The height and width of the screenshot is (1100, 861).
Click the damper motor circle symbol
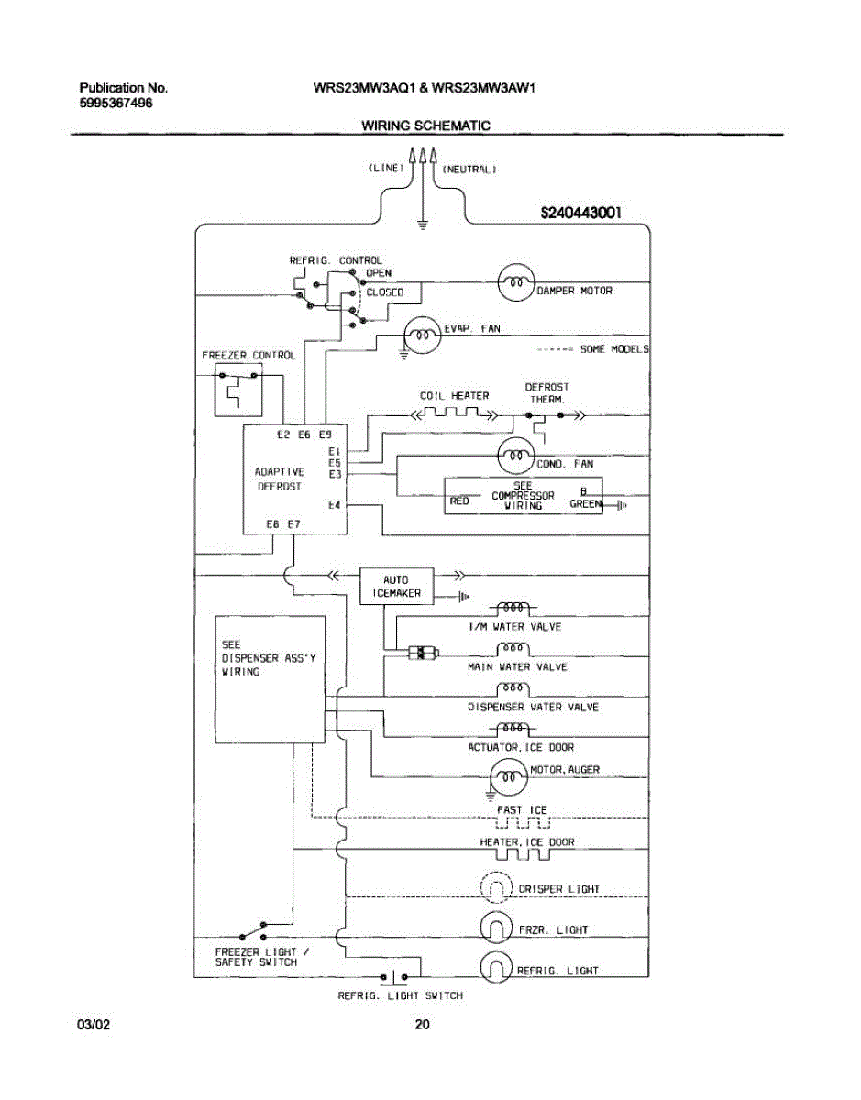point(516,282)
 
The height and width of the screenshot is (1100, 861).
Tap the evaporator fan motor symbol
point(423,335)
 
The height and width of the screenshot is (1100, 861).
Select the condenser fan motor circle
point(516,455)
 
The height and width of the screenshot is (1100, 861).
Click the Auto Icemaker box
point(396,586)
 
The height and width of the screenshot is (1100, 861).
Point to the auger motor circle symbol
point(509,776)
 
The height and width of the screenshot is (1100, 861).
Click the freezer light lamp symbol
point(497,928)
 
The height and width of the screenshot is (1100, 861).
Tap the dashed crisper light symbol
point(497,887)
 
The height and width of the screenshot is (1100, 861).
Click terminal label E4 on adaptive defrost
point(334,505)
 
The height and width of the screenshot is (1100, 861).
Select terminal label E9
point(325,434)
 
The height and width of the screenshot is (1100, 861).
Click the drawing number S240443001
point(580,213)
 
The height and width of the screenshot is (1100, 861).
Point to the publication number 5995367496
point(116,104)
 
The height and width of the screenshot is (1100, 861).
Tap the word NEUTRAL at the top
point(469,170)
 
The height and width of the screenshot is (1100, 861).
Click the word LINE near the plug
point(386,168)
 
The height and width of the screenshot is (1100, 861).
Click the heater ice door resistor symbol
point(523,855)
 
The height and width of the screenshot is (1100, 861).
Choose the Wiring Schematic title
point(425,126)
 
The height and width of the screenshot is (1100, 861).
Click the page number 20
point(422,1025)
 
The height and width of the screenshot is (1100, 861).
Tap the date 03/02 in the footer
point(94,1025)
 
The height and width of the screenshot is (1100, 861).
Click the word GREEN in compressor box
point(586,503)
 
